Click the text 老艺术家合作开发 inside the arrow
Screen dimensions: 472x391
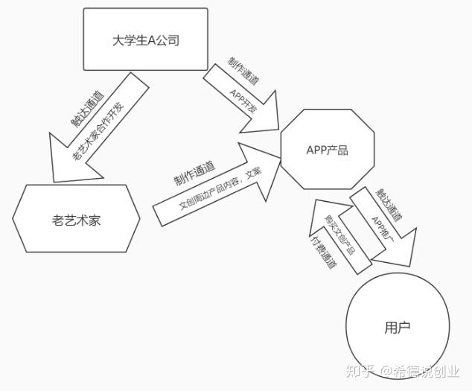[x=98, y=132]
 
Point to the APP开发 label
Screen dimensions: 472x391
[x=244, y=101]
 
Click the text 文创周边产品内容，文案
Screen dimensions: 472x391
[x=220, y=189]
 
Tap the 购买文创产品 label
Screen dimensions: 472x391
[x=339, y=235]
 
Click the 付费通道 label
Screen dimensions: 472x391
[x=323, y=252]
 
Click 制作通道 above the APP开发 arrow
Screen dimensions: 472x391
[x=243, y=71]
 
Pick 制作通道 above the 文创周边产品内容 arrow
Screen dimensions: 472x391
[x=194, y=174]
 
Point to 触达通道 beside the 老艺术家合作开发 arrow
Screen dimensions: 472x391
[x=88, y=109]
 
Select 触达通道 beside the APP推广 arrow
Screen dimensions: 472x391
[x=389, y=206]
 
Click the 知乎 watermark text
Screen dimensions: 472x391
[x=360, y=371]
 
